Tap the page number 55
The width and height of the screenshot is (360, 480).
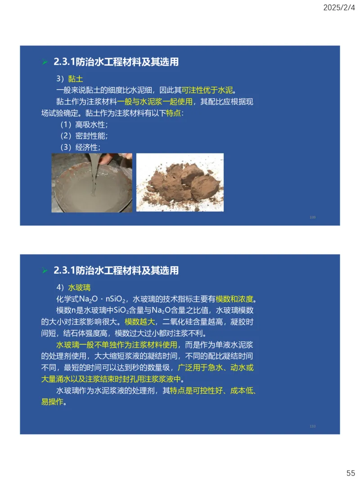[x=351, y=473]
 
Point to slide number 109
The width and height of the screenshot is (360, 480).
[x=313, y=217]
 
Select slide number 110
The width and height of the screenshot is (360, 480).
[x=313, y=426]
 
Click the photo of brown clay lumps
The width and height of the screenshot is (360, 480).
[x=180, y=182]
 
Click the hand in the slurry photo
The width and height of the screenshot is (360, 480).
[x=112, y=159]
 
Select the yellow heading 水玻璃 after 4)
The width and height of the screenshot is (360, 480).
[x=79, y=287]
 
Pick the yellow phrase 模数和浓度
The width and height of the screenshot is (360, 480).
[x=234, y=299]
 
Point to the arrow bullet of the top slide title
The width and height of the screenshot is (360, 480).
[x=44, y=62]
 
